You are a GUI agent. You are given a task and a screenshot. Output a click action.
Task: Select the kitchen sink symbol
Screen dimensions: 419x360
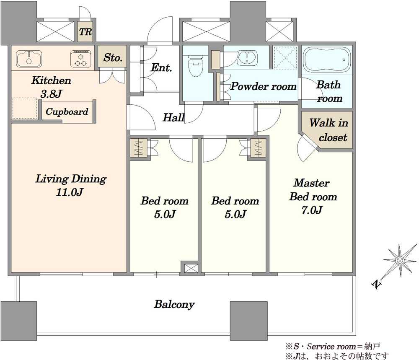click(29, 59)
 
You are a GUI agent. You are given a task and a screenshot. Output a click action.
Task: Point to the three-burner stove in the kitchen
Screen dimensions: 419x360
click(80, 59)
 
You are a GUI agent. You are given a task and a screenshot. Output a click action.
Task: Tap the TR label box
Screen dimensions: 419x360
click(85, 32)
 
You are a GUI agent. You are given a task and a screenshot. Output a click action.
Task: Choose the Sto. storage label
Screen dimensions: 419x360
click(113, 57)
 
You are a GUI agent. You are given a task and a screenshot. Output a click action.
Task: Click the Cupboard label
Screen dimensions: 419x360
click(67, 111)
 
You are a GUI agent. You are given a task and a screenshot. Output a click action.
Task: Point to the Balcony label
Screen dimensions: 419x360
click(174, 304)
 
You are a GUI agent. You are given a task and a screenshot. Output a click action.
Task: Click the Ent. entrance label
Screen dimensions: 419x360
click(161, 67)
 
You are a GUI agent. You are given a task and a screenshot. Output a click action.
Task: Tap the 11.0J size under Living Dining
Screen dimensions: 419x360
click(70, 192)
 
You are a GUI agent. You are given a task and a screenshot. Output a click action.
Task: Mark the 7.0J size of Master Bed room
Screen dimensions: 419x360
click(312, 210)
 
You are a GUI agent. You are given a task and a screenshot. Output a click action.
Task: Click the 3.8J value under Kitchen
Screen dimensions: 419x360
click(52, 93)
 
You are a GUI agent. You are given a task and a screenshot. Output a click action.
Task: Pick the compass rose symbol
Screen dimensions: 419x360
click(400, 260)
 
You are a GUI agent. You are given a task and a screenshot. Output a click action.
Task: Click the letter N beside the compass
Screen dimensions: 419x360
click(377, 285)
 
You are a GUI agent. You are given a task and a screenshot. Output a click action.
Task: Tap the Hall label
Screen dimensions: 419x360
click(174, 117)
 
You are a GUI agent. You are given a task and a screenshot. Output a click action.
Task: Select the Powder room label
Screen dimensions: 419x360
click(264, 86)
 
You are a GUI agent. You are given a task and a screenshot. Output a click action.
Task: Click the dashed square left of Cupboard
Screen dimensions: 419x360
click(25, 108)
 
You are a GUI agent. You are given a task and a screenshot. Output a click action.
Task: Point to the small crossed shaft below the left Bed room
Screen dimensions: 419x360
click(191, 268)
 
